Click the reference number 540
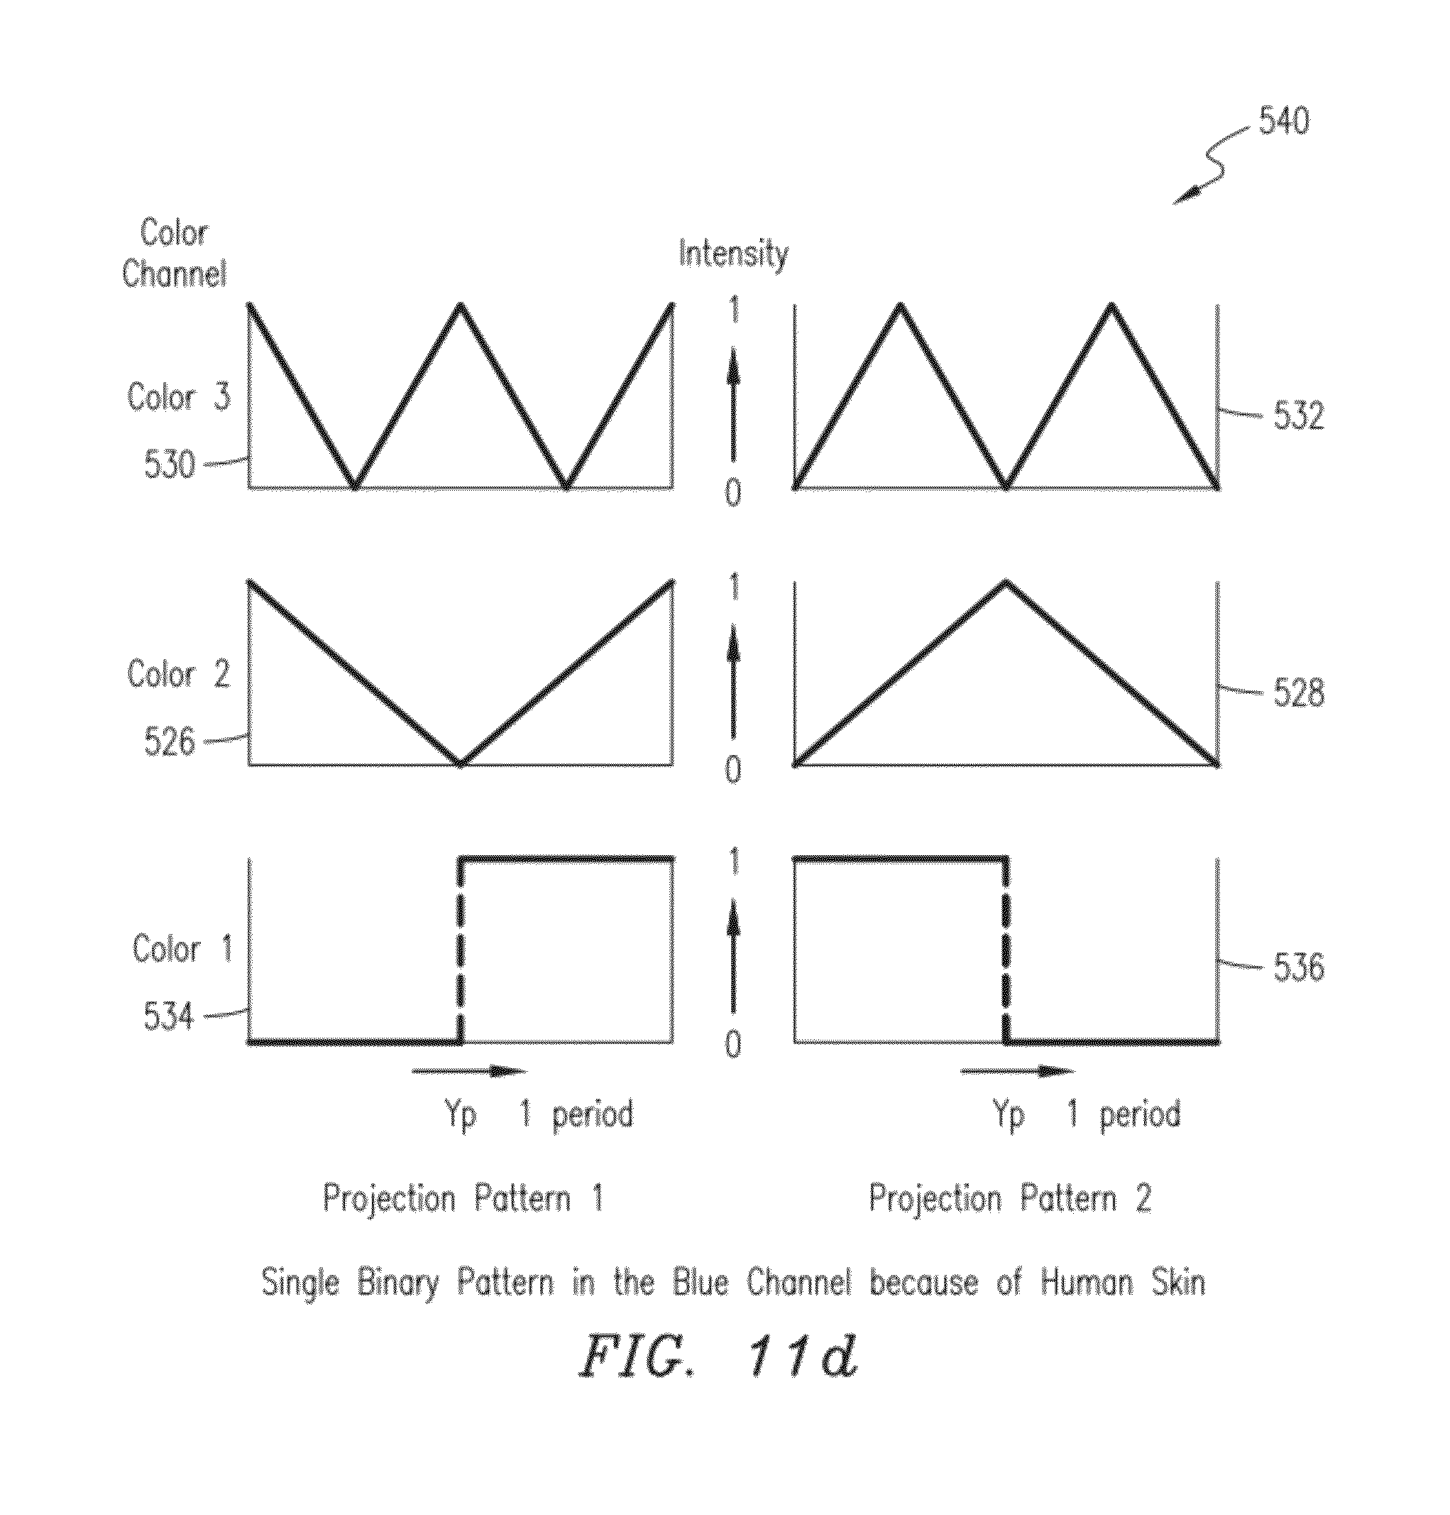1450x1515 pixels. click(x=1284, y=121)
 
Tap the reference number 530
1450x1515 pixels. click(x=170, y=465)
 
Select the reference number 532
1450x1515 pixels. click(x=1299, y=415)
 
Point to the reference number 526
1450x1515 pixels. click(x=170, y=742)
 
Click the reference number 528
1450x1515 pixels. click(x=1299, y=692)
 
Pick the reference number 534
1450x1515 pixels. click(x=168, y=1016)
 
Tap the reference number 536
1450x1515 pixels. click(x=1299, y=967)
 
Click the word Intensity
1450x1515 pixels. click(x=733, y=254)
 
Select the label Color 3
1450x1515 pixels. click(x=178, y=396)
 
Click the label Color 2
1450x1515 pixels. click(x=178, y=673)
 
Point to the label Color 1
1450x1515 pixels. click(x=182, y=947)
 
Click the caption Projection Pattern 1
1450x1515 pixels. click(x=463, y=1199)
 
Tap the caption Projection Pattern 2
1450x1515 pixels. click(x=1011, y=1199)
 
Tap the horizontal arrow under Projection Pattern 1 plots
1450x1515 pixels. click(x=469, y=1071)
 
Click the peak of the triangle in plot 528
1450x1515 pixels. click(x=1006, y=581)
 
